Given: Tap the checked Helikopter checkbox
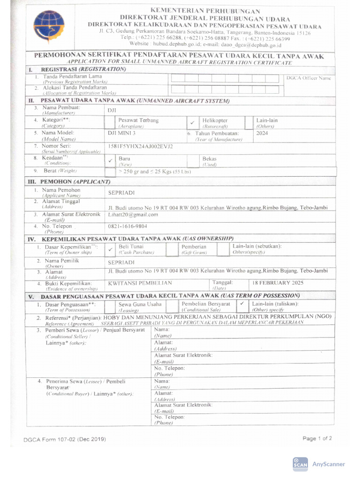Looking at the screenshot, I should [x=193, y=123].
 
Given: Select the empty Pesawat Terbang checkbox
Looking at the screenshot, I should [x=109, y=123].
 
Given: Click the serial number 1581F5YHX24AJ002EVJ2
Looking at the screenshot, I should [x=141, y=146].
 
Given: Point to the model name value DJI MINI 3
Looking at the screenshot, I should [x=122, y=133].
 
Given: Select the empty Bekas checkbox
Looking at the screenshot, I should [x=193, y=161].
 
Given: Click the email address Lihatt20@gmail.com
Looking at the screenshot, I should [x=133, y=215].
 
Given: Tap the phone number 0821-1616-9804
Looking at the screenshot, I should [x=128, y=226].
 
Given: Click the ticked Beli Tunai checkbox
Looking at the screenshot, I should [x=110, y=249].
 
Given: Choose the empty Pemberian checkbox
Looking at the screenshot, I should [x=172, y=249].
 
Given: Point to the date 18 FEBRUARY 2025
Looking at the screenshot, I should [x=278, y=283].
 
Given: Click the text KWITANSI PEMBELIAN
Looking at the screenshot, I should [x=140, y=283].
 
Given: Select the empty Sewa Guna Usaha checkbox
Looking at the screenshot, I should [x=109, y=306].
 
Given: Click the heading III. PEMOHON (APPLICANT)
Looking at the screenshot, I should [x=69, y=181].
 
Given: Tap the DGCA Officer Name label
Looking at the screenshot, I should [x=308, y=78].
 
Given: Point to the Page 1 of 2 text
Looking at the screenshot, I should [x=317, y=439].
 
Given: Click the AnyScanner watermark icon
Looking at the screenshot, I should [x=300, y=463].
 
